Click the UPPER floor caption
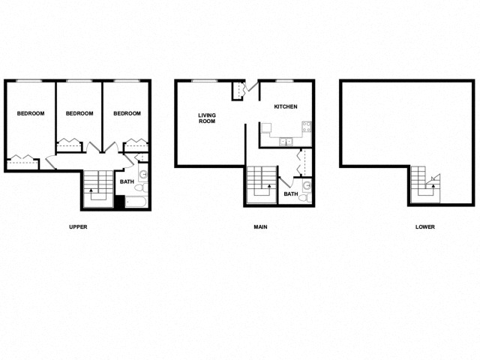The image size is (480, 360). pos(79,226)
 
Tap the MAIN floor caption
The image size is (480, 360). pos(260,226)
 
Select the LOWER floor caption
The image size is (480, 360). pos(424,226)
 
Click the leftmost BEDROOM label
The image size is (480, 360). pos(31,113)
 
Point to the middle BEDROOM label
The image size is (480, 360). pos(79,113)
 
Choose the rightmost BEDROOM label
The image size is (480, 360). pos(127,113)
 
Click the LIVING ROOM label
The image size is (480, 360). pos(207,118)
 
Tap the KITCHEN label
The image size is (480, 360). pos(286,106)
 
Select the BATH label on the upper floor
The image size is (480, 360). pos(127,181)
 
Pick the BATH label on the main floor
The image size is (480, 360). pos(290,195)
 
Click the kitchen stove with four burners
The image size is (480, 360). pos(307,127)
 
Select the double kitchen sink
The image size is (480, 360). pos(286,141)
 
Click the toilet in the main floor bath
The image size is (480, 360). pos(307,185)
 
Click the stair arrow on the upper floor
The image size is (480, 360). pos(91,192)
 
